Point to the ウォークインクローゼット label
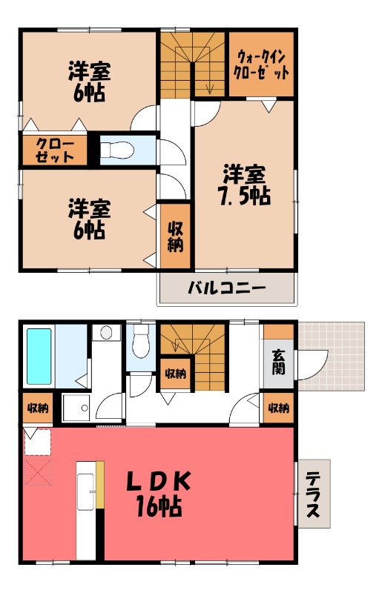click(x=260, y=64)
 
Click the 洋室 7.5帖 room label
click(x=244, y=186)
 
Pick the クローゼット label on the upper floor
click(x=54, y=149)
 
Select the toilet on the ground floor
click(x=139, y=342)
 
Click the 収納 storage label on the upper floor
click(x=175, y=236)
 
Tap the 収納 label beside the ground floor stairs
click(x=175, y=373)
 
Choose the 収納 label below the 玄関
click(x=278, y=407)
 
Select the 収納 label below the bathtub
click(x=37, y=407)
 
